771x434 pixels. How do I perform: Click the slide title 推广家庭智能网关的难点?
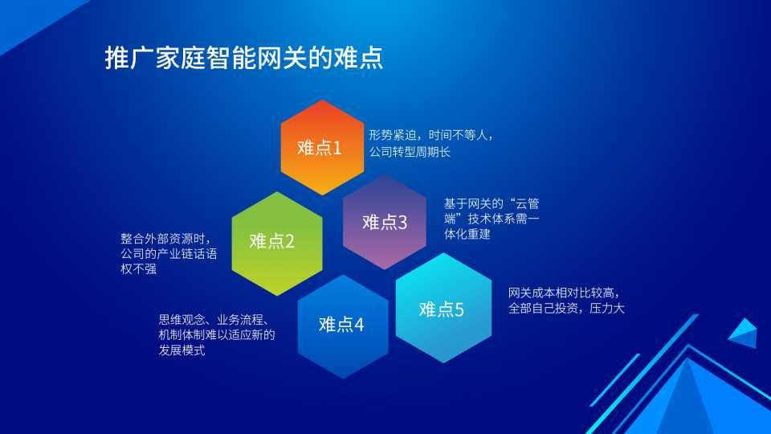244,58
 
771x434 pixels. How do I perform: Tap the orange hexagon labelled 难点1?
322,147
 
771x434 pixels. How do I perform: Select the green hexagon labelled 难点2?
277,244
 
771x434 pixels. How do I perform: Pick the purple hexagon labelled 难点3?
385,222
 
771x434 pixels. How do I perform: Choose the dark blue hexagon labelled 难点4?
343,326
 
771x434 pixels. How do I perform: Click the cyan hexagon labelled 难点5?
443,308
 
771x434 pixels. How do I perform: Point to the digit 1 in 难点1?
337,148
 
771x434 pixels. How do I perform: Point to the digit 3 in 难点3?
402,223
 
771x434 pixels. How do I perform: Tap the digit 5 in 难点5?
459,309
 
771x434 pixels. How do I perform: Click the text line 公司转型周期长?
410,152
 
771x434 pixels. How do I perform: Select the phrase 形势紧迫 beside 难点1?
393,135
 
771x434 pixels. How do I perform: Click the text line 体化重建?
467,234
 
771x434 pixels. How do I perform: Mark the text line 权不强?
138,268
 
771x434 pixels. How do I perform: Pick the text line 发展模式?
182,350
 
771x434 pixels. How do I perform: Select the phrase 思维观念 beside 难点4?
182,320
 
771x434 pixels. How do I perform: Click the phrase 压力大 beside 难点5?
607,308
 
